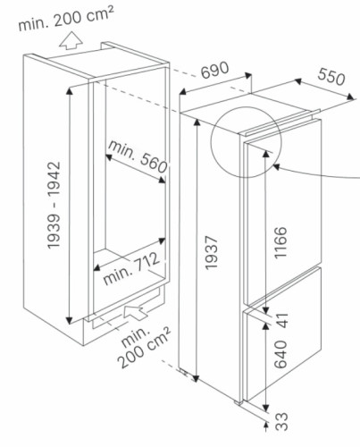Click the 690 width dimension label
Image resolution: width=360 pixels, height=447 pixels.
pyautogui.click(x=214, y=71)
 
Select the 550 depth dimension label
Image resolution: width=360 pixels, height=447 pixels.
pyautogui.click(x=331, y=76)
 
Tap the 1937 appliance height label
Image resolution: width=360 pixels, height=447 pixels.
pyautogui.click(x=212, y=253)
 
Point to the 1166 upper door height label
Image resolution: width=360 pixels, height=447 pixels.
pyautogui.click(x=280, y=242)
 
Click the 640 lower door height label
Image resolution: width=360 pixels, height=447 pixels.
pyautogui.click(x=280, y=354)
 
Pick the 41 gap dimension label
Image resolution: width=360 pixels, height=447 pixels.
pyautogui.click(x=281, y=320)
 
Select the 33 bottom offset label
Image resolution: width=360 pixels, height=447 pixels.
pyautogui.click(x=281, y=421)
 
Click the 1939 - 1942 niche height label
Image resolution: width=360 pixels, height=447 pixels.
pyautogui.click(x=54, y=205)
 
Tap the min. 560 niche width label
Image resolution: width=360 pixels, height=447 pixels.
pyautogui.click(x=138, y=156)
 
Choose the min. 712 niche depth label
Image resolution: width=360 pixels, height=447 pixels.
pyautogui.click(x=131, y=268)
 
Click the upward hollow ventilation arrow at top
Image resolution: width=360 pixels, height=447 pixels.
pyautogui.click(x=71, y=41)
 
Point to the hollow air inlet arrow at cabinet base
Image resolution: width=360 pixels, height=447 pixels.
pyautogui.click(x=135, y=312)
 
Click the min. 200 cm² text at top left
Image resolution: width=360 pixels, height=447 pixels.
pyautogui.click(x=66, y=18)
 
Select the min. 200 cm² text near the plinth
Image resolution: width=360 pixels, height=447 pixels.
pyautogui.click(x=143, y=347)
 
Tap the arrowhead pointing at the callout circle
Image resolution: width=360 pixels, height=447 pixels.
pyautogui.click(x=276, y=167)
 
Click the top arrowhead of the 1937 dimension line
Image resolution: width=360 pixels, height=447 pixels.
pyautogui.click(x=197, y=122)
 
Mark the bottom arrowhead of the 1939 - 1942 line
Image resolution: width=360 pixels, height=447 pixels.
pyautogui.click(x=70, y=320)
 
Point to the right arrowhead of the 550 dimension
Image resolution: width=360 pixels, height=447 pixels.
pyautogui.click(x=351, y=97)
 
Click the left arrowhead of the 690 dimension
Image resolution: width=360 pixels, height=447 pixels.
pyautogui.click(x=183, y=91)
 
